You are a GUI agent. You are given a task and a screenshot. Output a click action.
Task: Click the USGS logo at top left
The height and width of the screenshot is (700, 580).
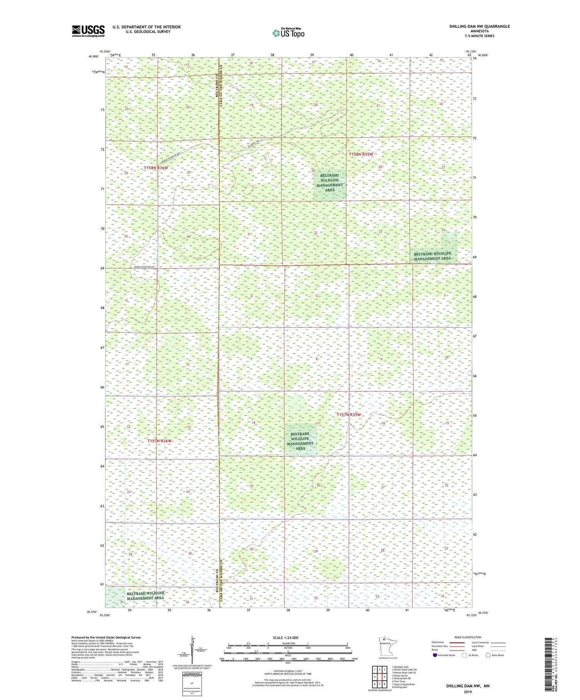[88, 31]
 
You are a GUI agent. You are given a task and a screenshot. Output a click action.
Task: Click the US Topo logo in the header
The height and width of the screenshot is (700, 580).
[288, 33]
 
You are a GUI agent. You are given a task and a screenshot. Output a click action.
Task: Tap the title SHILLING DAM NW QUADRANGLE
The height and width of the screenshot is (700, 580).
[479, 26]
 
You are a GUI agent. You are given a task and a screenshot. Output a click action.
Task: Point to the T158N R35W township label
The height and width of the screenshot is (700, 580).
[361, 154]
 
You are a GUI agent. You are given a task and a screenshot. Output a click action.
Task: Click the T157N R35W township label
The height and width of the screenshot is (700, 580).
[348, 415]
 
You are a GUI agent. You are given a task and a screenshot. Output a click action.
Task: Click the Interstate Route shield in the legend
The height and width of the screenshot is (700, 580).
[435, 655]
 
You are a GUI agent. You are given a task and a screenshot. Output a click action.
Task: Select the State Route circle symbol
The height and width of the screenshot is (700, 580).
[488, 655]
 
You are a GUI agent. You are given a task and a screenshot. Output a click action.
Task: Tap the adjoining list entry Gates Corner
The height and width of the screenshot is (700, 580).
[400, 676]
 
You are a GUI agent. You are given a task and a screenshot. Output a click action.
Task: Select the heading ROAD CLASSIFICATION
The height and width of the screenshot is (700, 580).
[468, 637]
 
